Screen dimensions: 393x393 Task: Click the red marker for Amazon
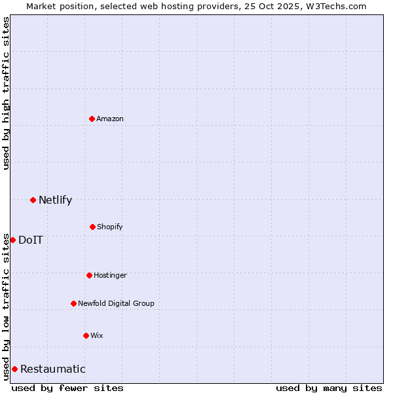[x=92, y=119]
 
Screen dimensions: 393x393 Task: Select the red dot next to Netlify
[x=33, y=200]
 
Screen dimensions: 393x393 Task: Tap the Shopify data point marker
[x=92, y=227]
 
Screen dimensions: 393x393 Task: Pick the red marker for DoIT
[x=12, y=240]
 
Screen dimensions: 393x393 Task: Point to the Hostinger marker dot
[x=89, y=275]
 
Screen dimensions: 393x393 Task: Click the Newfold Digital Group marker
[x=73, y=303]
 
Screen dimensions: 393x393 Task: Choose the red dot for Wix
[x=86, y=335]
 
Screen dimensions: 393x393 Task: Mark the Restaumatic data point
[x=14, y=369]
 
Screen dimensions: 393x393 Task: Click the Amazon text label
[x=110, y=119]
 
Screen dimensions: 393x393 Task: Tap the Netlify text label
[x=55, y=200]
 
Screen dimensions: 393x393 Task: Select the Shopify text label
[x=109, y=227]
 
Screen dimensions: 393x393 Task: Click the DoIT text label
[x=31, y=240]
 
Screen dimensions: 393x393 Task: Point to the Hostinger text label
[x=110, y=275]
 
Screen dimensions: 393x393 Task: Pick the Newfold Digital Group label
[x=116, y=303]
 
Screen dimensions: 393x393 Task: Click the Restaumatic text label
[x=52, y=369]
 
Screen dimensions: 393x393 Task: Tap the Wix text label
[x=97, y=335]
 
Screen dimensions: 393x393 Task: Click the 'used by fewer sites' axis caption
[x=67, y=388]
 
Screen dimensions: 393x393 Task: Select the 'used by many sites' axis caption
[x=329, y=388]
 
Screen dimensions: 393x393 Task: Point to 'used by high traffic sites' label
[x=6, y=93]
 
